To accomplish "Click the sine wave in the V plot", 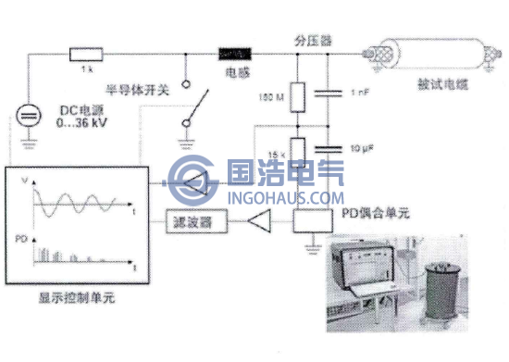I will (79, 200).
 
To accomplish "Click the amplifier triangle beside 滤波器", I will (261, 222).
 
